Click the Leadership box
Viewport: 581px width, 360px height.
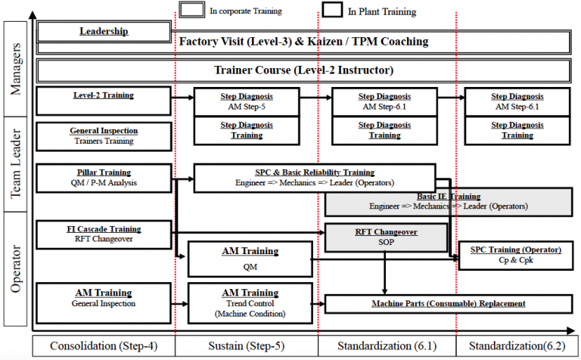pos(104,32)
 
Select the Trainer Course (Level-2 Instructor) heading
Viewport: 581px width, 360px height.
pos(303,70)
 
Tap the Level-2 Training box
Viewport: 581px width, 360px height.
pos(104,100)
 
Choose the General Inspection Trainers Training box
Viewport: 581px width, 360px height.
pos(104,135)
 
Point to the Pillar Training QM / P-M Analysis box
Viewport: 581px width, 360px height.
pos(104,177)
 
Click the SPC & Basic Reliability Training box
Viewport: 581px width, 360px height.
pos(314,178)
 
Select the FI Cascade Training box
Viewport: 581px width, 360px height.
pos(104,233)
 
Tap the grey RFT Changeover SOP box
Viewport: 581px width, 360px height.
pos(387,237)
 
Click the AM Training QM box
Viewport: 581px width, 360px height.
pos(250,259)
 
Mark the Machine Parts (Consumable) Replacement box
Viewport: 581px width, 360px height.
pos(449,304)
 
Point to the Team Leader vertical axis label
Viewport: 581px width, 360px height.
pos(17,165)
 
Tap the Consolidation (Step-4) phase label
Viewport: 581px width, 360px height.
pos(104,347)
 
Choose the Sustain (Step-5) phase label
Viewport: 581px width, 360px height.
pos(246,347)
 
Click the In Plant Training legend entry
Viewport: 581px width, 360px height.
pos(371,11)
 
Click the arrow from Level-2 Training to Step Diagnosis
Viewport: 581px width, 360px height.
pos(182,98)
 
